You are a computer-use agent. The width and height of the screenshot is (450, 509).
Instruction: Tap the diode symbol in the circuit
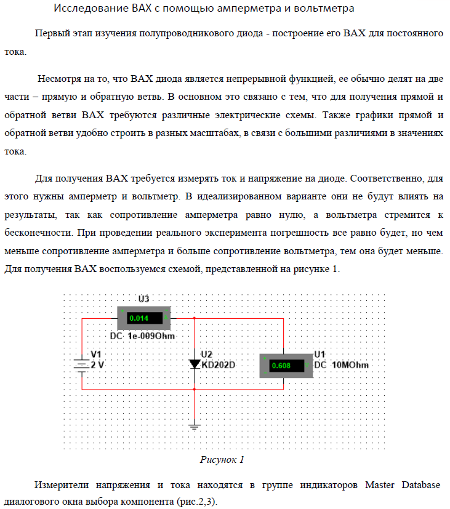(195, 364)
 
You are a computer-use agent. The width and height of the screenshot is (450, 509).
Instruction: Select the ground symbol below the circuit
(195, 426)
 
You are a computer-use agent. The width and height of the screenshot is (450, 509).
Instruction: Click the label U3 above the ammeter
(144, 299)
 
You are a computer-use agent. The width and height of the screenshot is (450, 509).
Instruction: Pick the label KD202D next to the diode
(219, 364)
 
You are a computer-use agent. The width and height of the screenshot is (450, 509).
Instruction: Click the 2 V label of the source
(98, 364)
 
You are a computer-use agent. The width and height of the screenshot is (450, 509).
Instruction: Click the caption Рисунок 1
(222, 459)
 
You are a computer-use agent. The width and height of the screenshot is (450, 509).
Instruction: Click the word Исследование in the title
(88, 9)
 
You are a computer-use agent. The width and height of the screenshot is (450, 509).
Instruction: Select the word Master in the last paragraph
(379, 486)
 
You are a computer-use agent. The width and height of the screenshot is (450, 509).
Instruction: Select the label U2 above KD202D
(207, 355)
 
